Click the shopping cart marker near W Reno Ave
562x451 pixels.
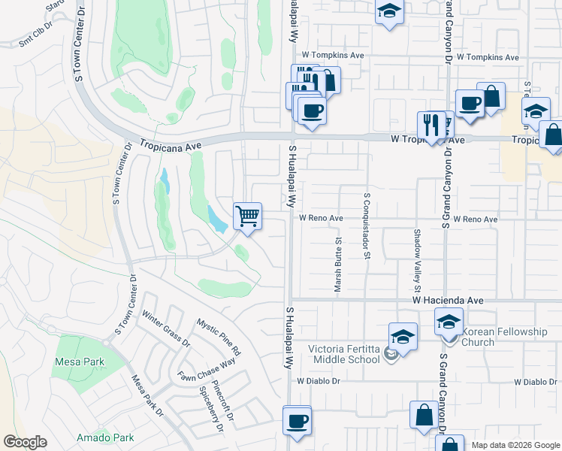(x=247, y=217)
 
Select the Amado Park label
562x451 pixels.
(x=105, y=437)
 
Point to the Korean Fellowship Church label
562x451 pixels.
(x=489, y=337)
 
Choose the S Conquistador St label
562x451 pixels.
(x=367, y=225)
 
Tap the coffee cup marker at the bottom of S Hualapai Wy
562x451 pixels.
(x=296, y=419)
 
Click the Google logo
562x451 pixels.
(x=25, y=442)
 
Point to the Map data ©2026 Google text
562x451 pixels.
(x=515, y=445)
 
